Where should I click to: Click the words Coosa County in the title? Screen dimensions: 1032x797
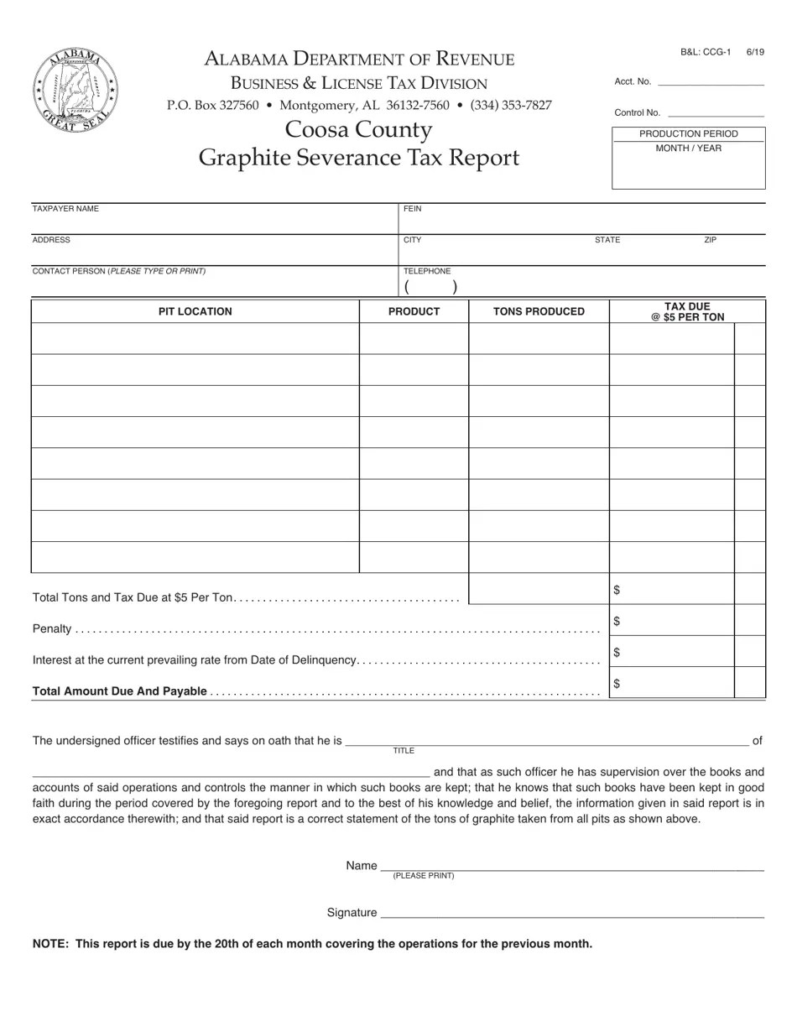pyautogui.click(x=358, y=130)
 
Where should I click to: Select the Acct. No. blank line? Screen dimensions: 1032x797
pyautogui.click(x=711, y=83)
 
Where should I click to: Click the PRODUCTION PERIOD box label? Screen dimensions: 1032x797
pyautogui.click(x=688, y=134)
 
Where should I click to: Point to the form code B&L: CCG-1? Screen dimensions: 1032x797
pyautogui.click(x=706, y=52)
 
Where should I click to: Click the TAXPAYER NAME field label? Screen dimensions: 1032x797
pyautogui.click(x=65, y=209)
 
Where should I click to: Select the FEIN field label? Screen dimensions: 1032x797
pyautogui.click(x=412, y=209)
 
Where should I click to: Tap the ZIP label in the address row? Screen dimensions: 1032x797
pyautogui.click(x=710, y=240)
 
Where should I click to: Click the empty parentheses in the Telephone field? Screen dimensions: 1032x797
pyautogui.click(x=431, y=287)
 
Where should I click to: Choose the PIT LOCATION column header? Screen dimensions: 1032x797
pyautogui.click(x=195, y=311)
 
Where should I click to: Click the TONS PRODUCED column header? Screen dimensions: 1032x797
pyautogui.click(x=539, y=311)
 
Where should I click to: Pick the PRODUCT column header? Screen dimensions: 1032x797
pyautogui.click(x=414, y=311)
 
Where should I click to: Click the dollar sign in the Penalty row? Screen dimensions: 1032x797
pyautogui.click(x=617, y=621)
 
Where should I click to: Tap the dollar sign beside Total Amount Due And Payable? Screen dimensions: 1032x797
pyautogui.click(x=617, y=683)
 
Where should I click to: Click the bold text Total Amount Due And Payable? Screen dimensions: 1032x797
pyautogui.click(x=119, y=691)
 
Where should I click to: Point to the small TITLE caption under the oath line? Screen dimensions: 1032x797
pyautogui.click(x=404, y=751)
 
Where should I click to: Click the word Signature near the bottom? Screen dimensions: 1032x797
pyautogui.click(x=352, y=913)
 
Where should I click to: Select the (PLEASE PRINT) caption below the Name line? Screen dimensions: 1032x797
pyautogui.click(x=423, y=876)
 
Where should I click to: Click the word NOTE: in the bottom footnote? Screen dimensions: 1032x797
pyautogui.click(x=50, y=944)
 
